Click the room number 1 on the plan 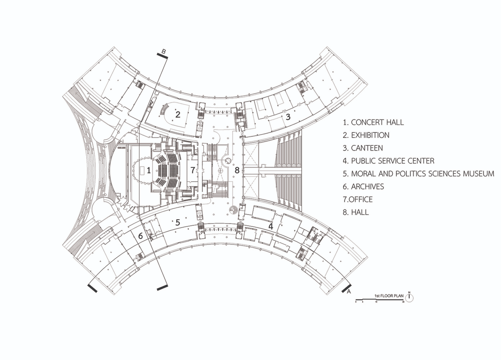(x=149, y=170)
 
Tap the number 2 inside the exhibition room (x=178, y=114)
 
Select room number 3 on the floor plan (x=288, y=117)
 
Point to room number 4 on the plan (x=270, y=226)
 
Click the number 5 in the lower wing (x=178, y=222)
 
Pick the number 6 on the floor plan (x=141, y=236)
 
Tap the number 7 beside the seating (x=192, y=170)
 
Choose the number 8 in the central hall (x=237, y=170)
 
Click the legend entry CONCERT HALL (x=373, y=122)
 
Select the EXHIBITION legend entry (x=366, y=135)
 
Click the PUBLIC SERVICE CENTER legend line (x=388, y=161)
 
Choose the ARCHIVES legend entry (x=363, y=186)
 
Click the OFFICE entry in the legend (x=358, y=199)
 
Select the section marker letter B (x=163, y=51)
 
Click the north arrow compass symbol (x=409, y=297)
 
